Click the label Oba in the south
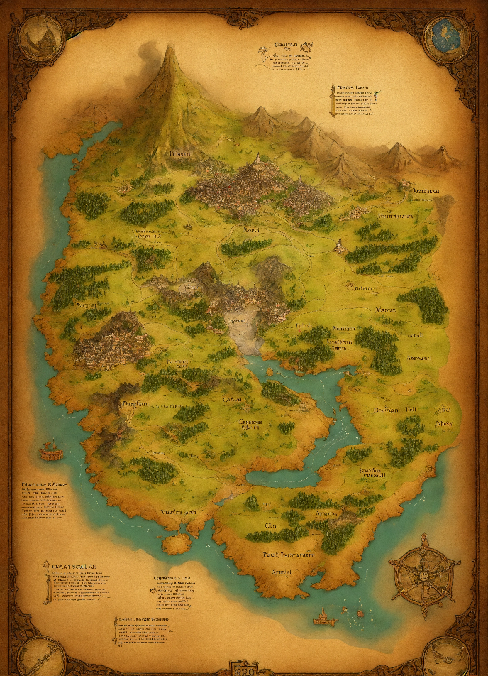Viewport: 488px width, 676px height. coord(270,526)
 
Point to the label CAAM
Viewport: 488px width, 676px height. coord(231,400)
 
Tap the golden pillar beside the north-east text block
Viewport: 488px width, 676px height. coord(332,100)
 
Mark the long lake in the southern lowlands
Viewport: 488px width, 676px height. coord(283,479)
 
